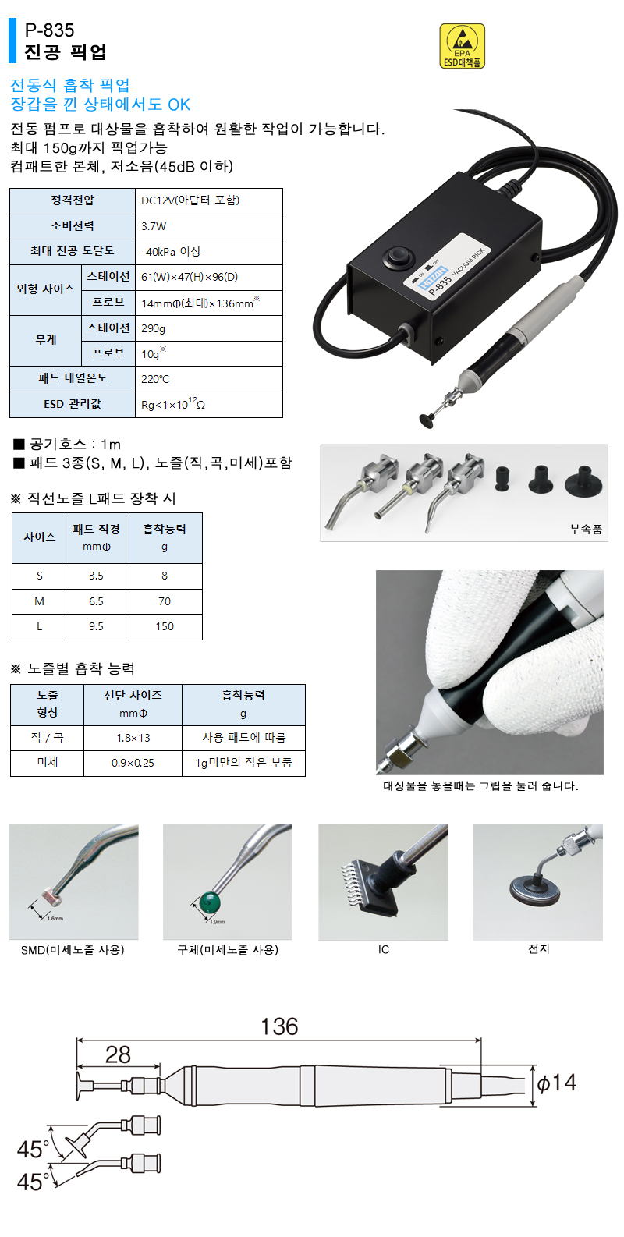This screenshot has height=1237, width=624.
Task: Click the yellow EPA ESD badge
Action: pos(462,45)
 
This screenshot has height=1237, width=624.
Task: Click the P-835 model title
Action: pos(49,30)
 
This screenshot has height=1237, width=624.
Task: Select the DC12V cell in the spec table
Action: pos(190,200)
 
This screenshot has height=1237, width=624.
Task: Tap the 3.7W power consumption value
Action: pos(154,226)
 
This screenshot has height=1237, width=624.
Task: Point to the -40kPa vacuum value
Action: pos(171,251)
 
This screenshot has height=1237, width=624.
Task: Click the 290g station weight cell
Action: pos(153,328)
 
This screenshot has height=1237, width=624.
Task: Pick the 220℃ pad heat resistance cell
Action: pos(154,379)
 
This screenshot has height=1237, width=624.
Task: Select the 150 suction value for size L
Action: pos(165,626)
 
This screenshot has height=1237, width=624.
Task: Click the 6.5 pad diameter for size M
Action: pos(96,601)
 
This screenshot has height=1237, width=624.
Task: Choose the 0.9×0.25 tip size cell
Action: pos(133,763)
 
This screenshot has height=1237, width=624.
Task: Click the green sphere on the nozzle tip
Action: pos(209,902)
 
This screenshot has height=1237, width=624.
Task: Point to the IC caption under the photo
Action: pos(383,949)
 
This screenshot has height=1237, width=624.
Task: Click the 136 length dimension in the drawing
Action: pos(279,1026)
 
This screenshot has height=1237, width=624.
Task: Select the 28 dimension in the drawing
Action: pos(118,1054)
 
